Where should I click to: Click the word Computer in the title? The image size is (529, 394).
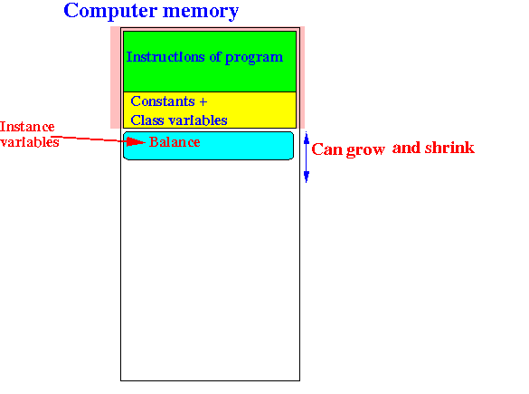[110, 12]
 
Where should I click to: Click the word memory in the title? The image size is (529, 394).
[201, 12]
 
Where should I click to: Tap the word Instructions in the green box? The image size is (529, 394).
[165, 57]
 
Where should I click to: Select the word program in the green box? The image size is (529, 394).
[254, 58]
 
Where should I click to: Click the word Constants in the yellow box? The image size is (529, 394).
[163, 101]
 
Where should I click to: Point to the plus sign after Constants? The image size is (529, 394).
[203, 101]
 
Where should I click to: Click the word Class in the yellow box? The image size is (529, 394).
[147, 120]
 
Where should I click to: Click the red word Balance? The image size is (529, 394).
[175, 142]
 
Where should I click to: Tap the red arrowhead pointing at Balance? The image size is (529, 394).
[136, 142]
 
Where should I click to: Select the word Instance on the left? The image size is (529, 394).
[27, 127]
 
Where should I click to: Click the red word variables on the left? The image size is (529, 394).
[30, 142]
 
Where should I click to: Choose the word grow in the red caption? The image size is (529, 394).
[365, 150]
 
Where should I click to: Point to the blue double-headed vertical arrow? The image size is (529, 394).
[307, 157]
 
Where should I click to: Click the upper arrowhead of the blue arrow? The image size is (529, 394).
[307, 139]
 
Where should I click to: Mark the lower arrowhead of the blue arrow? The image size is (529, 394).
[307, 177]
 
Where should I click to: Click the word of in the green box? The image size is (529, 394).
[215, 57]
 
